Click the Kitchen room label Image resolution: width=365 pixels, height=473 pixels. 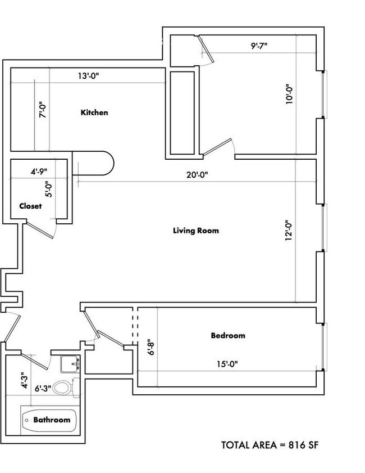point(94,112)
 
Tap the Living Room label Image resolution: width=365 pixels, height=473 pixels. point(195,231)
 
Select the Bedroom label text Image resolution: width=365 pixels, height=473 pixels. point(228,336)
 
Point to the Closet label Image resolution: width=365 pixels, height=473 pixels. point(30,206)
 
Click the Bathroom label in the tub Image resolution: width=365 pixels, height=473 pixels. point(52,420)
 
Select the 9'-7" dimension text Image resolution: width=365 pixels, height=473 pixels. point(259,46)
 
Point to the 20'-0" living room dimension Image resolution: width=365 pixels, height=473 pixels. point(198,175)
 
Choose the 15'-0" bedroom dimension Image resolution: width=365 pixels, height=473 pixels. point(227,364)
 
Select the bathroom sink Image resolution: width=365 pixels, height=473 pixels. point(71,364)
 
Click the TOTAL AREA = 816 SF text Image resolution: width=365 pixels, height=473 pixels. point(271,445)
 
